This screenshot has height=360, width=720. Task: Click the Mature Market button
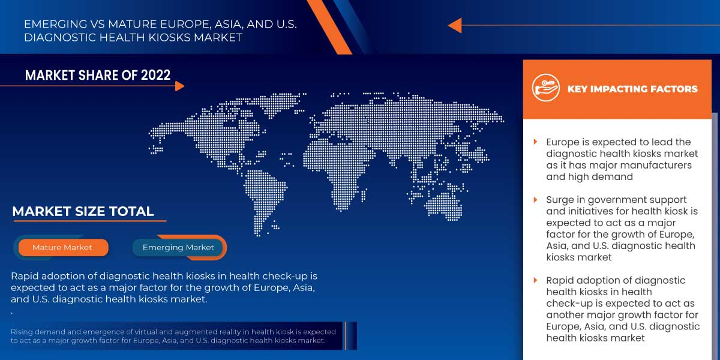pos(62,247)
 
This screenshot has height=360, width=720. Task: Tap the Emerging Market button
pos(178,247)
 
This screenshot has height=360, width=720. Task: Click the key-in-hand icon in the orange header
pos(545,89)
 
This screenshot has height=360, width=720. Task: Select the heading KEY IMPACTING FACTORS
pos(632,89)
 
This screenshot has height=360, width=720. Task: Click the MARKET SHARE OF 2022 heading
pos(98,75)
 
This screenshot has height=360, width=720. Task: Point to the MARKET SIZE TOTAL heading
pos(83,211)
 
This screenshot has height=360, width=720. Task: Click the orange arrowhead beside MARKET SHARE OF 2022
pos(179,86)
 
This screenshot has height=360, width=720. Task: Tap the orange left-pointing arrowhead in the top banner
pos(455,25)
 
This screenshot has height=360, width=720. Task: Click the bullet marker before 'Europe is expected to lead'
pos(535,142)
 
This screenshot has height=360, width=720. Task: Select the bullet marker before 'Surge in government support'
pos(535,200)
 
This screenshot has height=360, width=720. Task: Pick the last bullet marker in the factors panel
pos(535,280)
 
